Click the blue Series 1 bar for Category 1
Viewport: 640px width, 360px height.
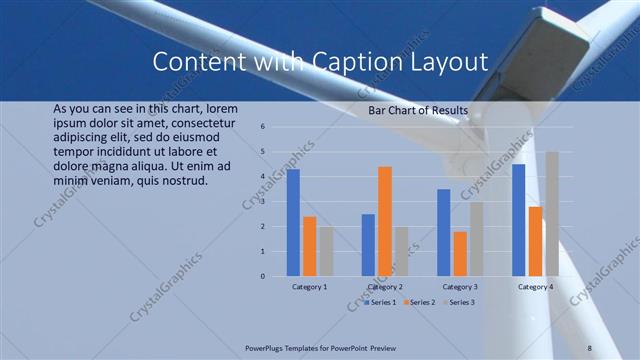(x=293, y=223)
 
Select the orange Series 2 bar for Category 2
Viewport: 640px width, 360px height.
(x=385, y=221)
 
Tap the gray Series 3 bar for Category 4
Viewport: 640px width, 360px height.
(x=552, y=214)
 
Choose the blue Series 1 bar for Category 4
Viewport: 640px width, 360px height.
(x=518, y=220)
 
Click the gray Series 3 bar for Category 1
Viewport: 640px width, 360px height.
(x=326, y=251)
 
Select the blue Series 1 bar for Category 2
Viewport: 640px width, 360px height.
(x=368, y=245)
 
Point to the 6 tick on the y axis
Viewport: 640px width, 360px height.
(x=261, y=127)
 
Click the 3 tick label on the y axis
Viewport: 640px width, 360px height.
(x=261, y=202)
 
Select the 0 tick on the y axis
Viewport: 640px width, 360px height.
(x=261, y=276)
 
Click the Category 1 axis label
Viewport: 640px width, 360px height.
(x=310, y=288)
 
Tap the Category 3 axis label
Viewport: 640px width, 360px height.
(x=460, y=288)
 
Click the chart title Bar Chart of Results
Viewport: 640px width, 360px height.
(x=419, y=110)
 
